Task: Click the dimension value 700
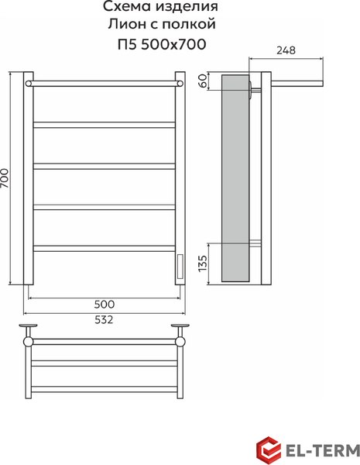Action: (x=5, y=178)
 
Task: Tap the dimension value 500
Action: (x=105, y=304)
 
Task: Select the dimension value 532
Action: (x=104, y=319)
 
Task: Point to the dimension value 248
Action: (x=286, y=50)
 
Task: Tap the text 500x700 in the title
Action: (x=173, y=45)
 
